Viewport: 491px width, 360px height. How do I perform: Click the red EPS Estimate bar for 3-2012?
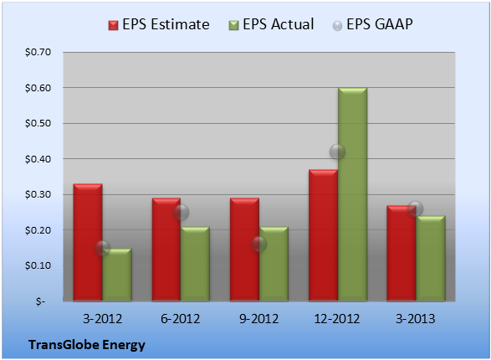[x=88, y=242]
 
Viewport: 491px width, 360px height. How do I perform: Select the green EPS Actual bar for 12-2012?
[x=352, y=194]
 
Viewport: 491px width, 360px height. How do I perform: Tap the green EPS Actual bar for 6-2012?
[x=195, y=264]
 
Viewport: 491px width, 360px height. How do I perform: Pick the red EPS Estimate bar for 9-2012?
[x=244, y=249]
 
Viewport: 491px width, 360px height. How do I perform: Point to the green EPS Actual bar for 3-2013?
[x=431, y=258]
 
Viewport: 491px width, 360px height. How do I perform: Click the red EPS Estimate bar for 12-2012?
[x=323, y=235]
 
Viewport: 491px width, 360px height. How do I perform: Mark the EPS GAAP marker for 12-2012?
[x=337, y=152]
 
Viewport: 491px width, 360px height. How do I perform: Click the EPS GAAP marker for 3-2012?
[x=102, y=249]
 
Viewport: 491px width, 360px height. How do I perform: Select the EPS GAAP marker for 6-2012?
[x=181, y=212]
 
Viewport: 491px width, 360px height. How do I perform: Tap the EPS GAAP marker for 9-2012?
[x=259, y=244]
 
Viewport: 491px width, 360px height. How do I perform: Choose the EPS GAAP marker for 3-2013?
[x=416, y=208]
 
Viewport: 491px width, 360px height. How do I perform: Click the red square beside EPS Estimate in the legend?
[x=114, y=25]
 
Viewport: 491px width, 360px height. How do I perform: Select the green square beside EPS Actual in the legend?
[x=233, y=25]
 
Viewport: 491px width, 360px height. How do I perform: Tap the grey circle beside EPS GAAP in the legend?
[x=337, y=26]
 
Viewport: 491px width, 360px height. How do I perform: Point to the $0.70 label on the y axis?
[x=38, y=52]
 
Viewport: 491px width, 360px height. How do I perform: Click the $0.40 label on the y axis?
[x=38, y=159]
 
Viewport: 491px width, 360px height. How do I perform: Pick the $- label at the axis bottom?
[x=40, y=301]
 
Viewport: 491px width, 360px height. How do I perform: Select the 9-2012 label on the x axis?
[x=259, y=319]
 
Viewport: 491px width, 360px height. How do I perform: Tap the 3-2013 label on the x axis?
[x=416, y=319]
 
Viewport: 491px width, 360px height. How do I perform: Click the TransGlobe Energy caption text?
[x=87, y=345]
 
